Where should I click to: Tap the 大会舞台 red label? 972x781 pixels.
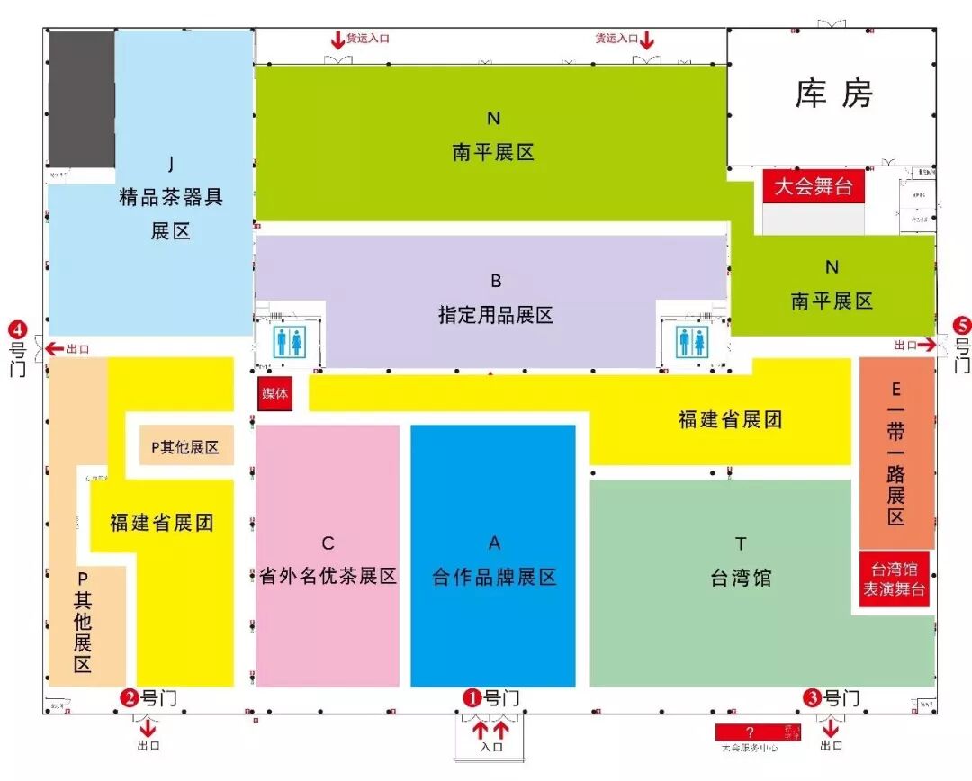pos(814,187)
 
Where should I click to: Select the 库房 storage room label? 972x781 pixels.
pos(833,94)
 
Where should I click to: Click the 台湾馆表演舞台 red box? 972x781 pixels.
pos(895,579)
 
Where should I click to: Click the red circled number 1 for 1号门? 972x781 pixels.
pos(472,697)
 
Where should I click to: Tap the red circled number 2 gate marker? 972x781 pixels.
pos(130,697)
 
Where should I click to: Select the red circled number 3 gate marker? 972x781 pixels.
pos(812,697)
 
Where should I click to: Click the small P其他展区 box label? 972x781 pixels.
pos(185,447)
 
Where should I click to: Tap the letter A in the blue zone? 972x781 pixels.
pos(494,543)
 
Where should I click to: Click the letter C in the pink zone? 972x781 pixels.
pos(328,543)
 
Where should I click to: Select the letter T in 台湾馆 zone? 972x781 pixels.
pos(741,543)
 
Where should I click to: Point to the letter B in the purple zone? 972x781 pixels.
pos(496,281)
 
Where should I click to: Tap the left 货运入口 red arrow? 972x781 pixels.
pos(337,40)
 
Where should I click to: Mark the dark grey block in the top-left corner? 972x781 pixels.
pos(81,99)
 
